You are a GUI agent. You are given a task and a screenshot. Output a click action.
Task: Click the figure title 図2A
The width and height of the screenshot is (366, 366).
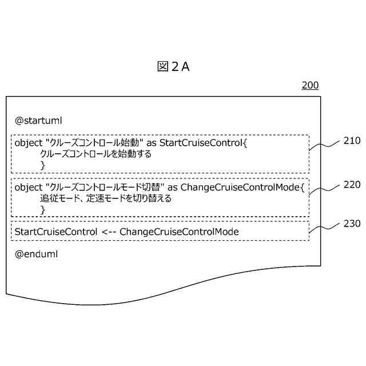click(173, 67)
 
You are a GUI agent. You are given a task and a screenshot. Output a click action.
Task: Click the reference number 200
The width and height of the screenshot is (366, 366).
click(310, 86)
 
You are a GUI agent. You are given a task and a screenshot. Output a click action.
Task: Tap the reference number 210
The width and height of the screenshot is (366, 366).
click(352, 140)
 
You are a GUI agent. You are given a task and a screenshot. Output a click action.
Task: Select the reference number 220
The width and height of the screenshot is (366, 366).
click(352, 185)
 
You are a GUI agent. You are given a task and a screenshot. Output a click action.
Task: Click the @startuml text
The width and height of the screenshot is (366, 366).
click(38, 121)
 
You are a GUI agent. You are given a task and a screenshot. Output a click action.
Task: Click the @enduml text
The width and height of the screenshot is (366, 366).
click(36, 253)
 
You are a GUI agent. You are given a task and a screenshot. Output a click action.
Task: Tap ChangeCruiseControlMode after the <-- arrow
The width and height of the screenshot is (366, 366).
click(179, 232)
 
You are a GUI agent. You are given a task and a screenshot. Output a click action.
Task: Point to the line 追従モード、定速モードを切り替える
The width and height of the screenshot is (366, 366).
click(106, 199)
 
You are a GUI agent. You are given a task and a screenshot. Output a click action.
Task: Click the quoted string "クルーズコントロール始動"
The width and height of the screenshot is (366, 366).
click(94, 142)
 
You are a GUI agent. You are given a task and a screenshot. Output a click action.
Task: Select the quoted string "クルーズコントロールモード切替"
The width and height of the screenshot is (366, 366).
click(105, 188)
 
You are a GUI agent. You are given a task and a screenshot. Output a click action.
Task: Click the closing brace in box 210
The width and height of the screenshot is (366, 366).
click(42, 165)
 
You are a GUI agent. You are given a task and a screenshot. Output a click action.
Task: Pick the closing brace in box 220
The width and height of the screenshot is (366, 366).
click(42, 210)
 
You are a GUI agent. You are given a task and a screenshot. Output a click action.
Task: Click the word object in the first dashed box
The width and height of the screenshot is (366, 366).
click(28, 142)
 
